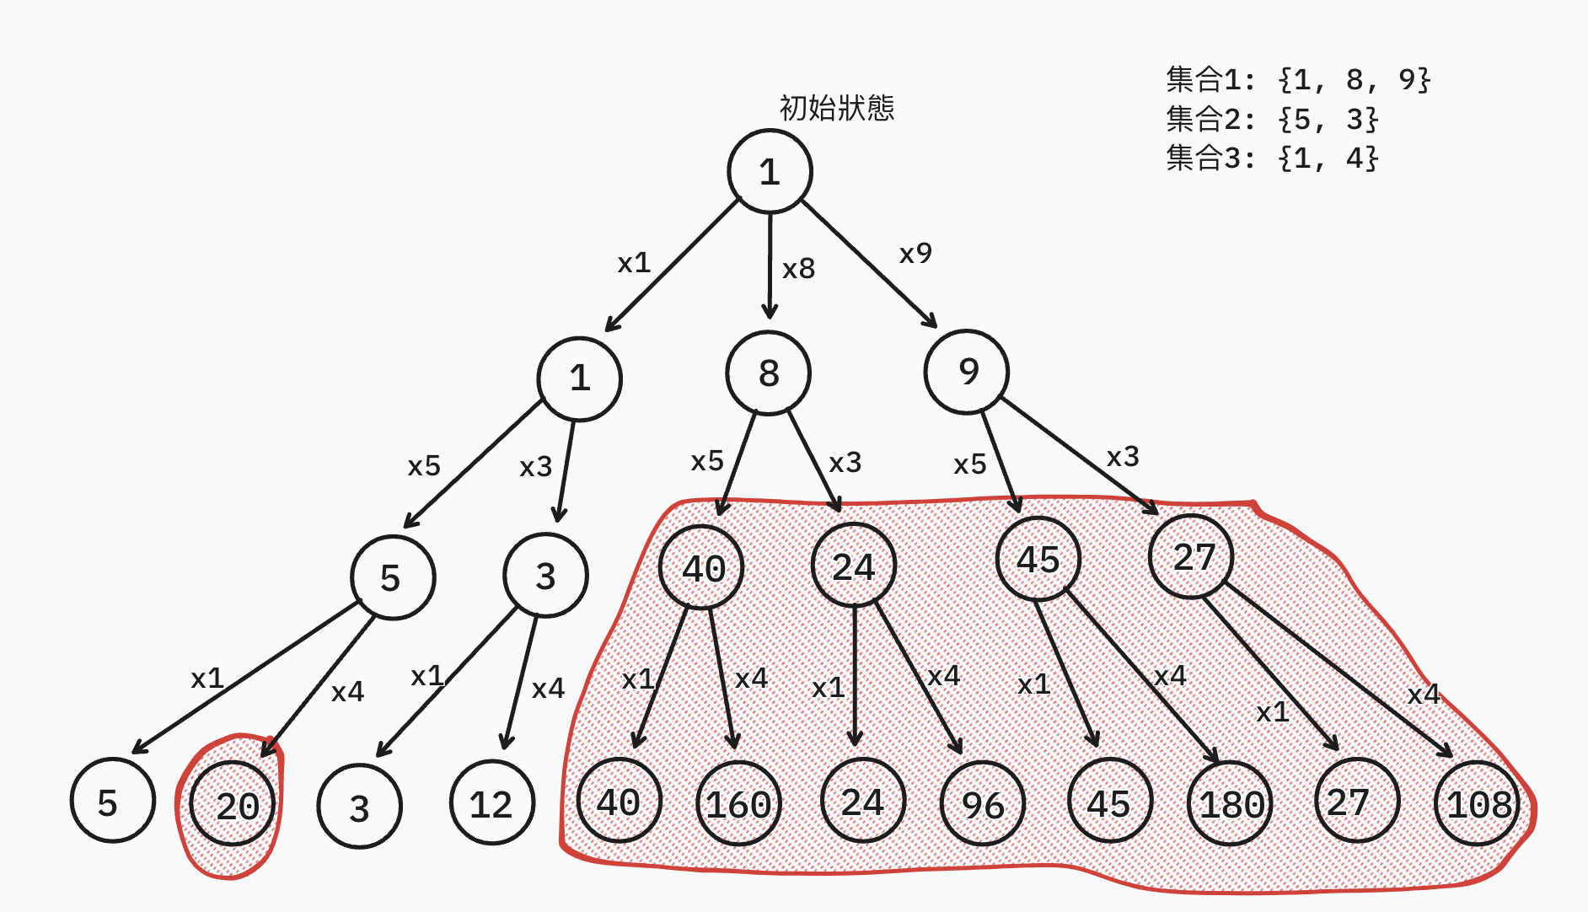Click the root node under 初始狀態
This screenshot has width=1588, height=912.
pos(770,171)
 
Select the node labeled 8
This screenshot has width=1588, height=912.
pos(768,373)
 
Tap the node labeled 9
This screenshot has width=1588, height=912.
pos(967,372)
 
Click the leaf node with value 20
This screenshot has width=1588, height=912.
pos(233,805)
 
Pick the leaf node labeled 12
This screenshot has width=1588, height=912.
pos(492,803)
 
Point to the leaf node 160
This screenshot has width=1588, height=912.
pos(739,803)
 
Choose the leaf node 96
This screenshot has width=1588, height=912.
pos(983,804)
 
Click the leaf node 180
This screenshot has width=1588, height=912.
pos(1231,803)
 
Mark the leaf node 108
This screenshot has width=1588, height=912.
pos(1478,803)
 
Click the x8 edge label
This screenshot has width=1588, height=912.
pos(798,269)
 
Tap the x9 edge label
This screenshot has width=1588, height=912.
pos(915,253)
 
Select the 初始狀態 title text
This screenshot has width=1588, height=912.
pos(836,108)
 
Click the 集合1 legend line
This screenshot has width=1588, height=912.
pos(1298,79)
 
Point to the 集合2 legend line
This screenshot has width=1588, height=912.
pos(1271,119)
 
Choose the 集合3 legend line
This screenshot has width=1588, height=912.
pos(1271,158)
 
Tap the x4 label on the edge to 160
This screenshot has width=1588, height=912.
pos(751,678)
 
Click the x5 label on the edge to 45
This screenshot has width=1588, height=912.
pos(969,464)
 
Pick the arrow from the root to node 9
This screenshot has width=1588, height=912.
pos(868,264)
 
